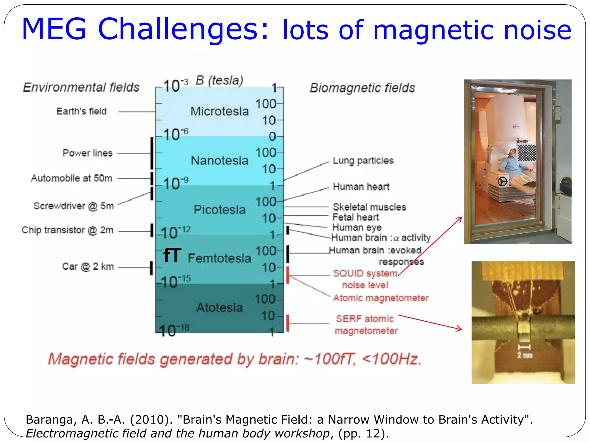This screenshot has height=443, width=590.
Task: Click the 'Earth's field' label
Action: tap(82, 111)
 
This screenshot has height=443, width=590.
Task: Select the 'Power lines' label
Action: tap(88, 153)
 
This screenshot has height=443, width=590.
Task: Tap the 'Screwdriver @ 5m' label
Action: tap(74, 206)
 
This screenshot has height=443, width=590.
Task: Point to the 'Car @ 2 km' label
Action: tap(88, 266)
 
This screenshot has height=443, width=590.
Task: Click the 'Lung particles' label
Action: tap(363, 160)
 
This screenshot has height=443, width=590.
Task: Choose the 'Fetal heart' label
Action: tap(355, 217)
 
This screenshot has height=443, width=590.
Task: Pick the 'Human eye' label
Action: tap(357, 228)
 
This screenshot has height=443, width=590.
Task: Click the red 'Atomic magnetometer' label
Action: tap(381, 298)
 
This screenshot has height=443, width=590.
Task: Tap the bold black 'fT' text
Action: tap(172, 256)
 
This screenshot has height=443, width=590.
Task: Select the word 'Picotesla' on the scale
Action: tap(220, 210)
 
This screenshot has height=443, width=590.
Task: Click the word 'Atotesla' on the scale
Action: tap(220, 307)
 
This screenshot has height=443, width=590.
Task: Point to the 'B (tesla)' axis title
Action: tap(220, 80)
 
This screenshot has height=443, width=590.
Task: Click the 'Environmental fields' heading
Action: tap(81, 87)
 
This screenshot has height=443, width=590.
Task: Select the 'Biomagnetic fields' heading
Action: tap(362, 88)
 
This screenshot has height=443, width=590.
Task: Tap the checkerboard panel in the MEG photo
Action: tap(527, 153)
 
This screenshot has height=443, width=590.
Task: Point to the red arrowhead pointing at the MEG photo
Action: tap(460, 219)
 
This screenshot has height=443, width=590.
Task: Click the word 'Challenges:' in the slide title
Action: tap(183, 29)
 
